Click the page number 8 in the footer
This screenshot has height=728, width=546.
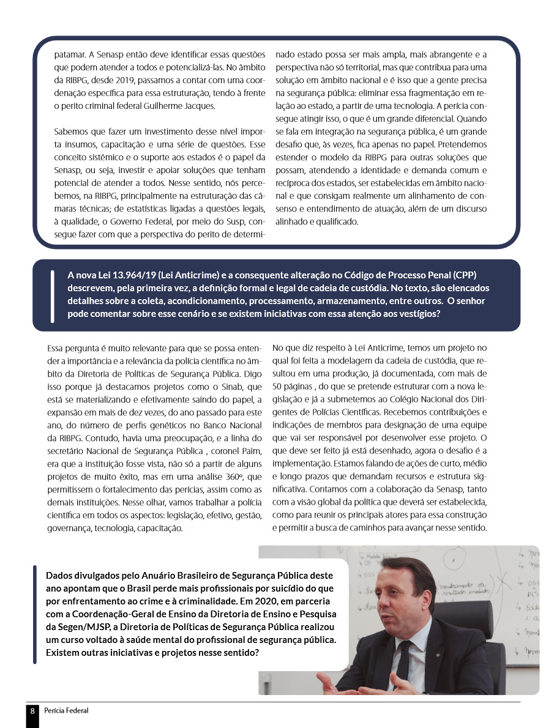pos(32,711)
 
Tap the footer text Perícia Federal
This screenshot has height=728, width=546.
pos(66,710)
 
